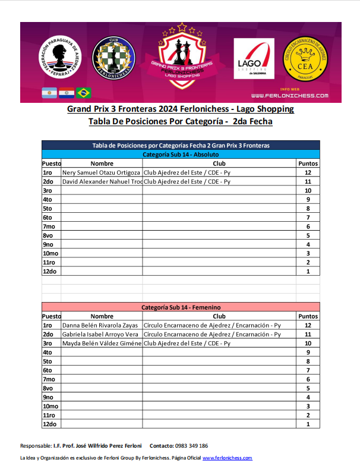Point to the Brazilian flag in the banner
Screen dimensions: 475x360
(84, 93)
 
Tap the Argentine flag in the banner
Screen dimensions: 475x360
(49, 93)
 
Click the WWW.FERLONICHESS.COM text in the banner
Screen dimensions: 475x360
(290, 95)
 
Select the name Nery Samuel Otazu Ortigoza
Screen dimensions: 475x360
(101, 172)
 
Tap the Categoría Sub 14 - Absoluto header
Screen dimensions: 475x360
(181, 155)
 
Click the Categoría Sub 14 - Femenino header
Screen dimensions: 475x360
(181, 308)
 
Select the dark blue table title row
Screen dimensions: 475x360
(181, 146)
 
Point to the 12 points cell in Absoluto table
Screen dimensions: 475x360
(308, 172)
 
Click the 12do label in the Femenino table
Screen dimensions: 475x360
(49, 424)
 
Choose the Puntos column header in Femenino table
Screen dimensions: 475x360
(308, 317)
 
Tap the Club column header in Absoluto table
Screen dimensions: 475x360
(219, 163)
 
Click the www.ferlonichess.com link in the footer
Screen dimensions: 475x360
(228, 458)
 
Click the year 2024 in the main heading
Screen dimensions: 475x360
(170, 109)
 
